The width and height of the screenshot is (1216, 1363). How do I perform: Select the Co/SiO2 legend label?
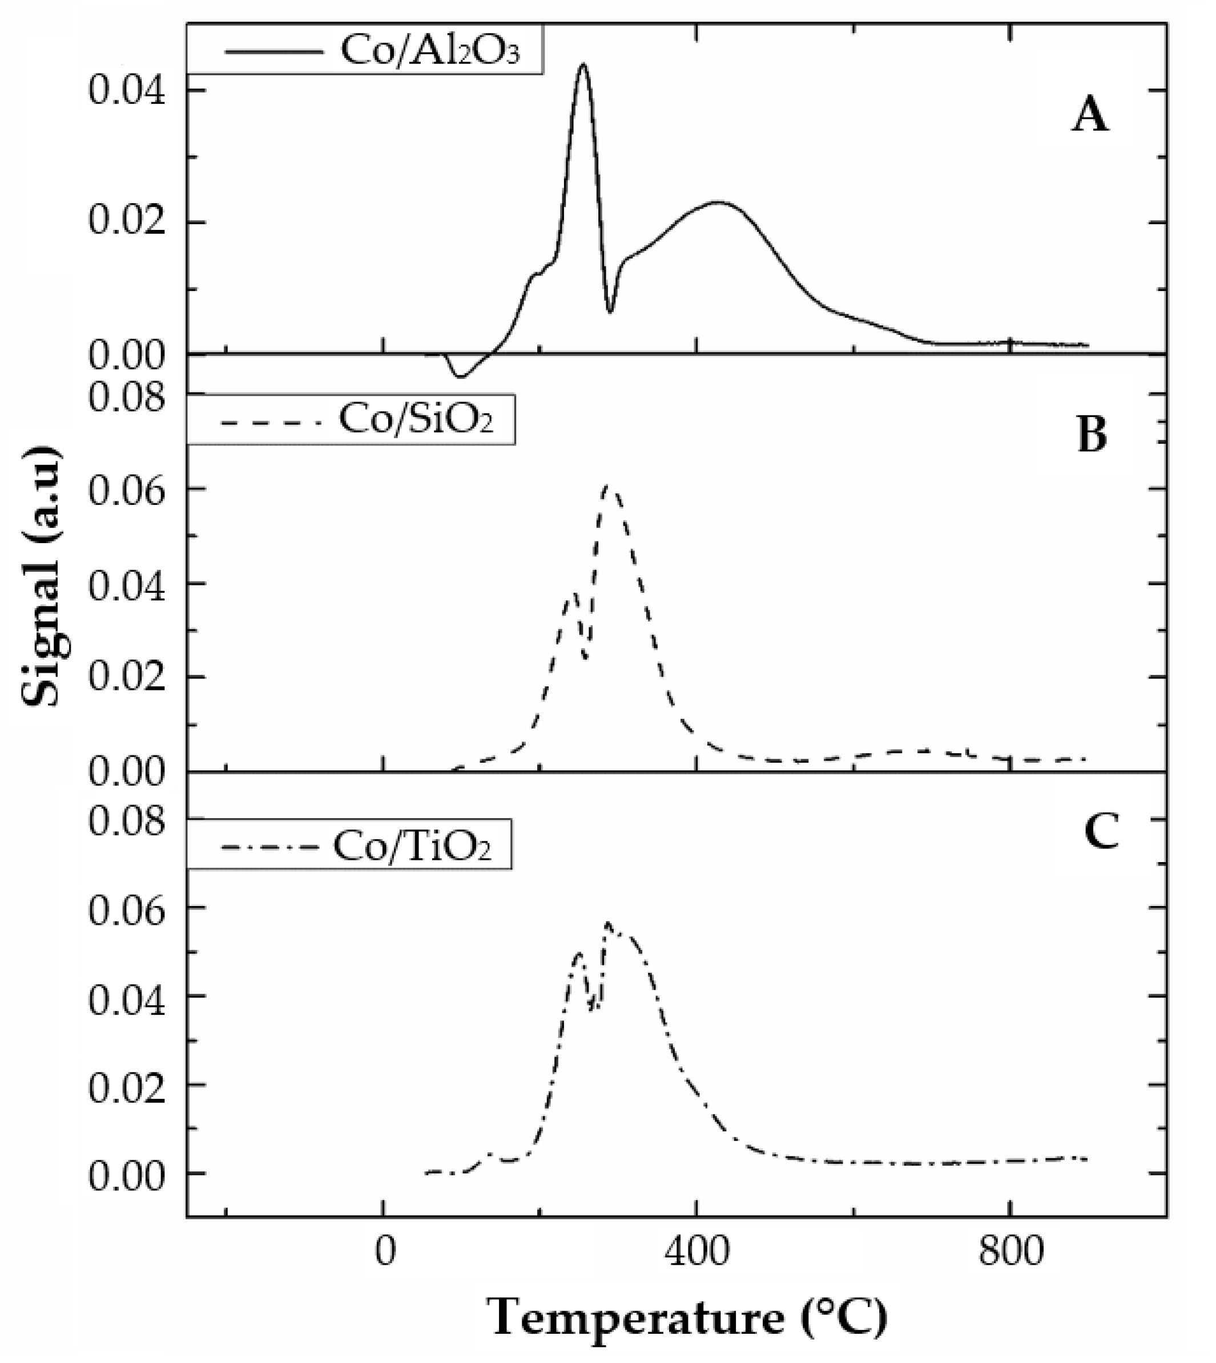(416, 419)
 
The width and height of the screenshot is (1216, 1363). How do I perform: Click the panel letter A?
(1090, 118)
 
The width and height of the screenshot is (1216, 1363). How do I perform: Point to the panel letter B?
(1092, 434)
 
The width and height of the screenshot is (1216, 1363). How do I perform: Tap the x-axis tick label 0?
(384, 1253)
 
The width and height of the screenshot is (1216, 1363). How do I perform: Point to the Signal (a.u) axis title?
(42, 576)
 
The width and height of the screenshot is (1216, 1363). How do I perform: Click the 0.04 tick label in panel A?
(126, 91)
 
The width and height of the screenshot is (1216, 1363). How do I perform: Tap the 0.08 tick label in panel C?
(126, 819)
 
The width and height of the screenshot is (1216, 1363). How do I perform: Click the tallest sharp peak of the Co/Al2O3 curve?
(583, 65)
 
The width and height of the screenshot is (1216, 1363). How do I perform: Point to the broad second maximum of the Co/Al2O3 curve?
(718, 201)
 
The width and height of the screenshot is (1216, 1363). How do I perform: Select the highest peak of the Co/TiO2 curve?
(607, 924)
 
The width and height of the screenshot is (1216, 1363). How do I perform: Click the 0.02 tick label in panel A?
(126, 223)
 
